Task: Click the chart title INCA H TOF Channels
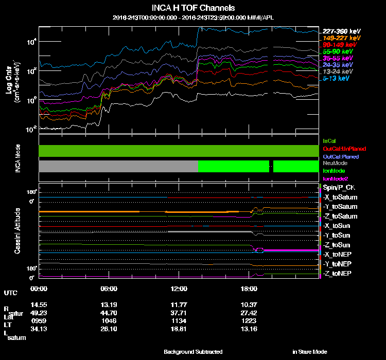click(193, 8)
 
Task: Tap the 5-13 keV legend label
click(337, 79)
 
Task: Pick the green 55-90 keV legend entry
click(338, 52)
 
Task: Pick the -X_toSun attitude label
click(337, 226)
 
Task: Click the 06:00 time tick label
click(109, 289)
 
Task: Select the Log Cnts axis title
click(9, 82)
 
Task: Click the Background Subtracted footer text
click(193, 352)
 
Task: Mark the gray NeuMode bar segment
click(118, 166)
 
